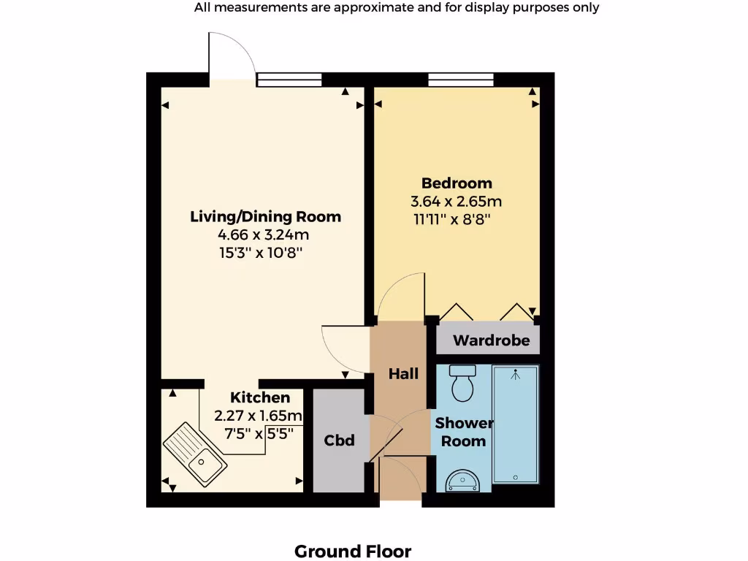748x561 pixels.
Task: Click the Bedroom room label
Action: [457, 183]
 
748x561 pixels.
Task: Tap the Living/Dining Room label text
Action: [265, 217]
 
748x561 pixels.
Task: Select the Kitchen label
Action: [260, 397]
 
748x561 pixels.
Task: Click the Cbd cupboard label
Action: [339, 440]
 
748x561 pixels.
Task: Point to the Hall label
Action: [403, 374]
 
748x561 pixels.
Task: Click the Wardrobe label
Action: [491, 340]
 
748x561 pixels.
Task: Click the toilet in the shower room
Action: [463, 383]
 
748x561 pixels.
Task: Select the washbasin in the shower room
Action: [462, 479]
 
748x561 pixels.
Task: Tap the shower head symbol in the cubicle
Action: [516, 375]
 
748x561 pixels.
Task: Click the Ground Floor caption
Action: [353, 551]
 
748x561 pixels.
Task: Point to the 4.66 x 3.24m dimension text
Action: [263, 235]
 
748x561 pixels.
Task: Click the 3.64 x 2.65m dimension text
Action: [457, 202]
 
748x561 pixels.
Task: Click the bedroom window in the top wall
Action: [460, 79]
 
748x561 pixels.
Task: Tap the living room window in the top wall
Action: [289, 79]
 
